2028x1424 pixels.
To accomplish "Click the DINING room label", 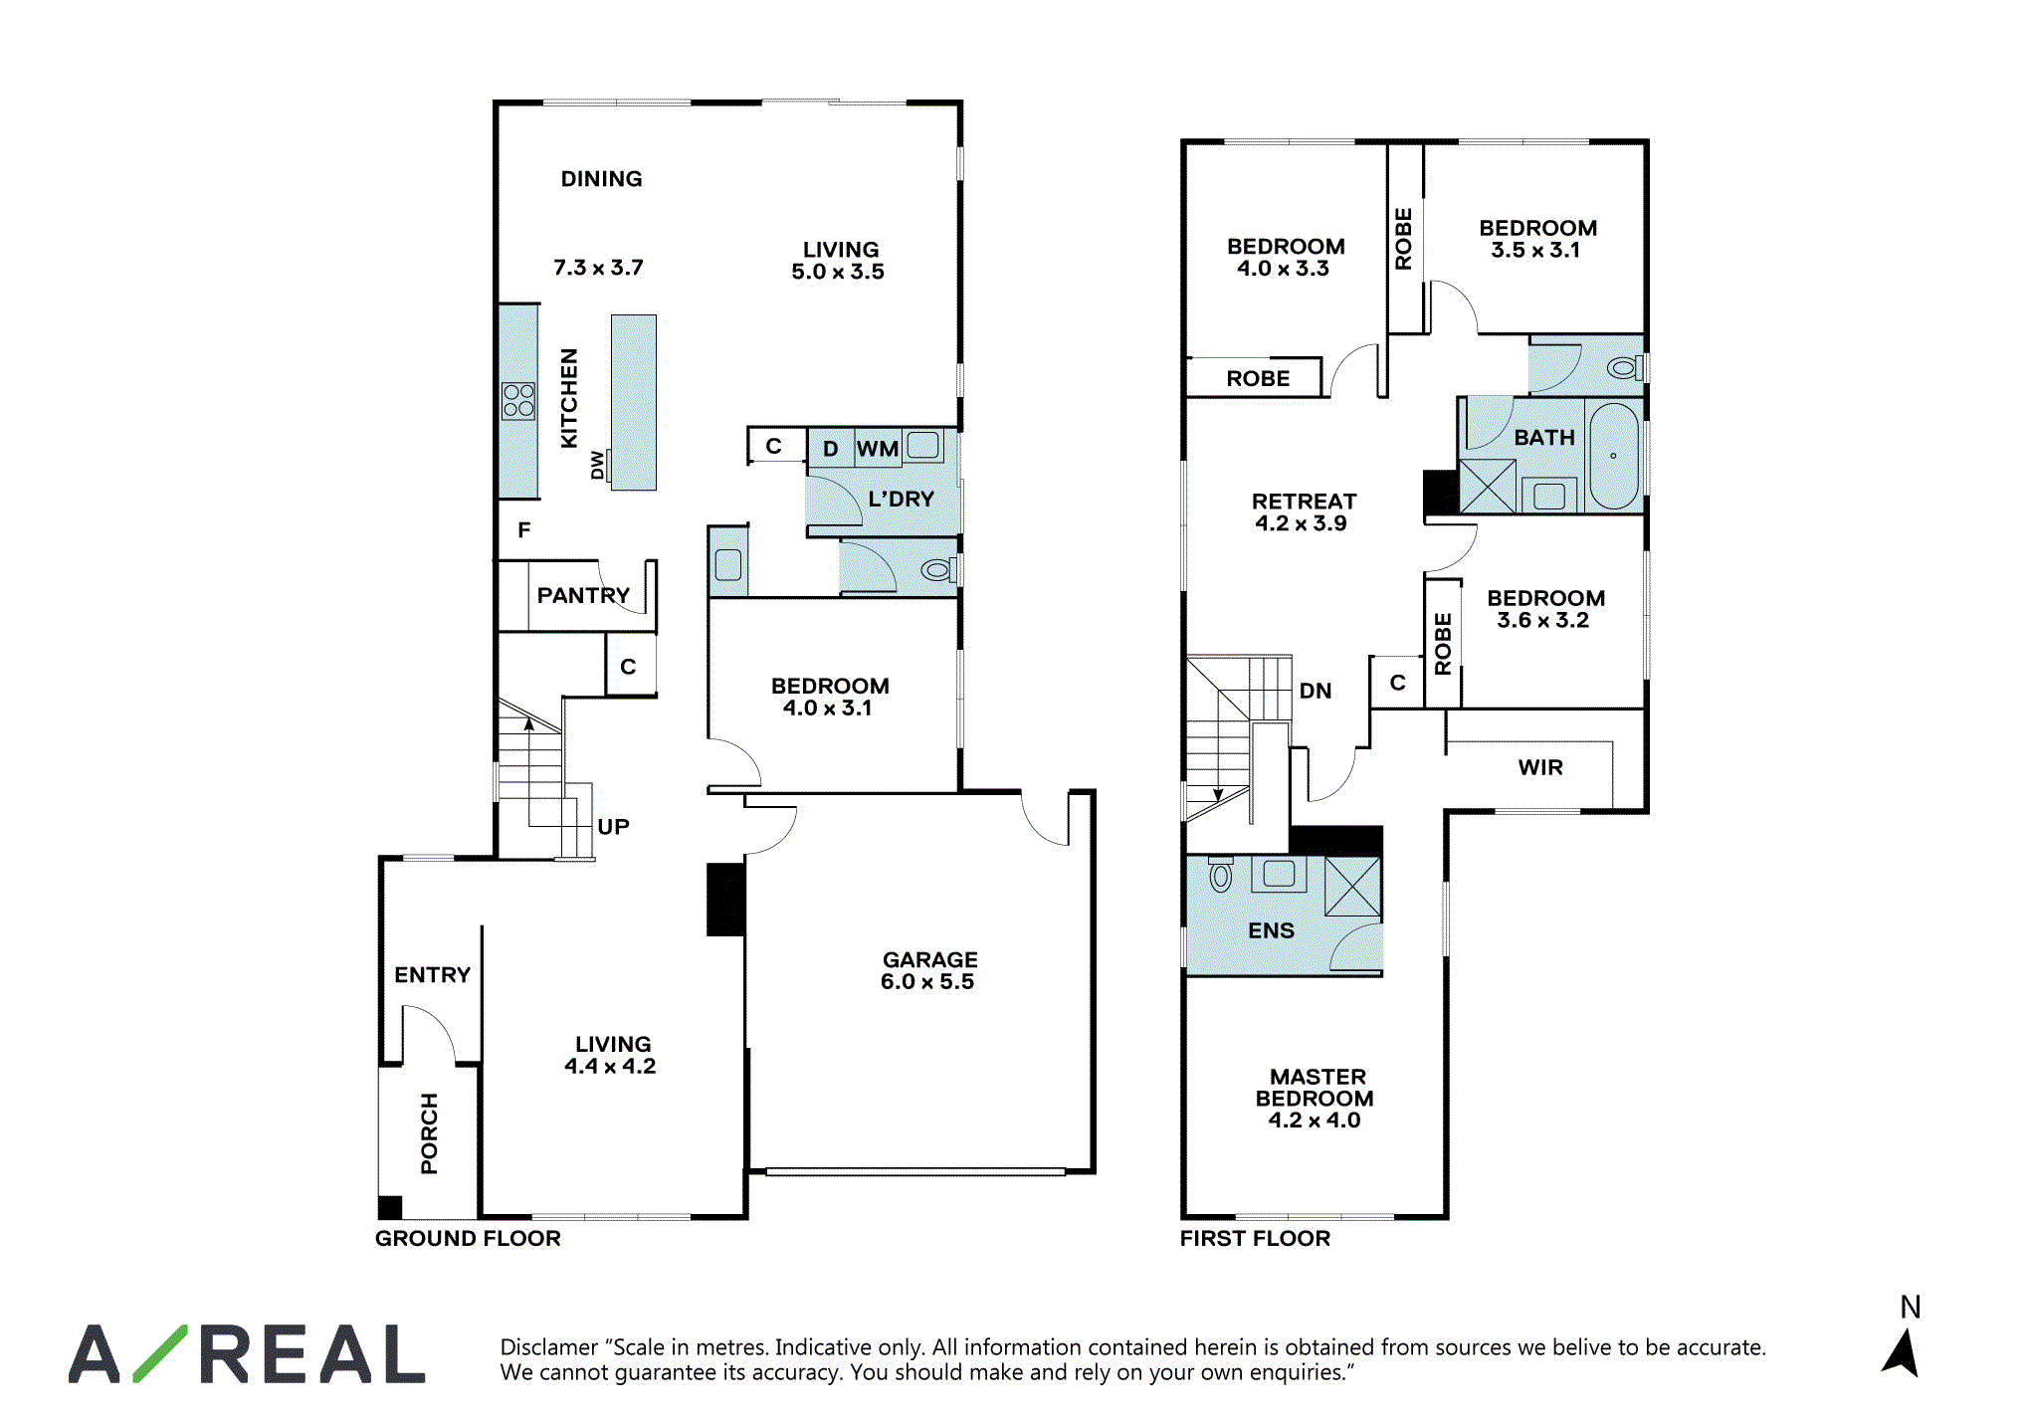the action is tap(601, 179).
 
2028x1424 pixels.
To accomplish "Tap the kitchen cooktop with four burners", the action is tap(518, 401).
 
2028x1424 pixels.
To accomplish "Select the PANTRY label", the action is tap(583, 595).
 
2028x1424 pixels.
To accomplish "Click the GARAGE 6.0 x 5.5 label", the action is tap(928, 970).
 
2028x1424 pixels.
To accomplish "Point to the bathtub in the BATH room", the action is tap(1613, 456).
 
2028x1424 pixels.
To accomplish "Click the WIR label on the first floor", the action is tap(1540, 767).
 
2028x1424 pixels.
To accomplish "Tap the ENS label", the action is tap(1271, 930).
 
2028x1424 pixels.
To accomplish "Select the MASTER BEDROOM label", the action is tap(1315, 1088).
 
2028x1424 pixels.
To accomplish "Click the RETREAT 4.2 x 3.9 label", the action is tap(1304, 512).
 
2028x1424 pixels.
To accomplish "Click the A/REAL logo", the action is tap(247, 1353).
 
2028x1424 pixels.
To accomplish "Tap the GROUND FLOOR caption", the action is tap(468, 1238).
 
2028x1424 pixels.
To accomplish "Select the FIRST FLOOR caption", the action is tap(1255, 1238).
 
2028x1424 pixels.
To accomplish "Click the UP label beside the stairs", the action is tap(613, 827).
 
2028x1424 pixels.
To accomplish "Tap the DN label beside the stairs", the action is tap(1316, 691).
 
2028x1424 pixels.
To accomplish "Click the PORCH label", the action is tap(429, 1133).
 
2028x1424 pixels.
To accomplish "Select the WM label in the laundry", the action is tap(878, 449).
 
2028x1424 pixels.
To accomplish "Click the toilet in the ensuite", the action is tap(1221, 875).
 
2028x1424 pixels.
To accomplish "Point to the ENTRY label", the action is tap(432, 975).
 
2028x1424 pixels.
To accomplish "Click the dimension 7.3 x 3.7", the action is tap(598, 268).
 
